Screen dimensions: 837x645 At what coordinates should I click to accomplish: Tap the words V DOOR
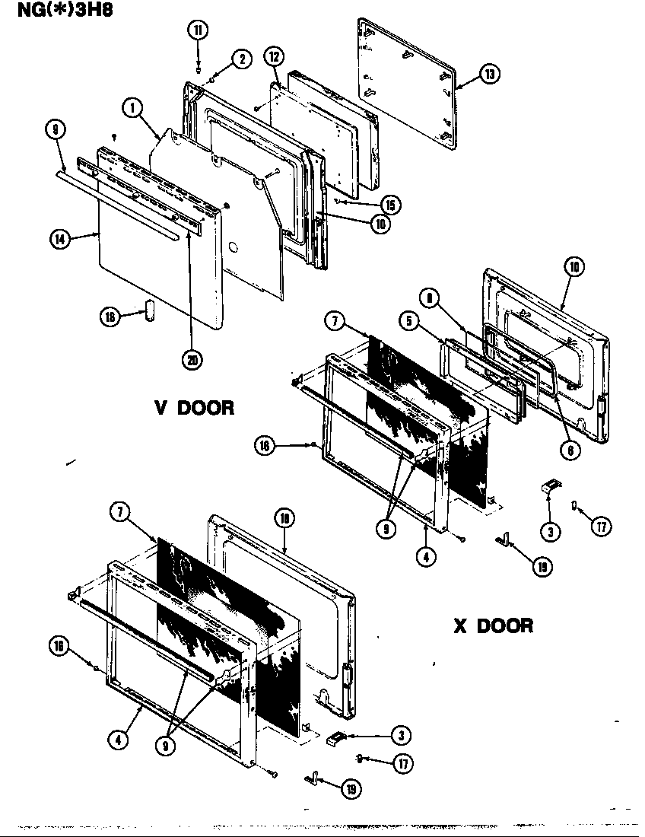[195, 408]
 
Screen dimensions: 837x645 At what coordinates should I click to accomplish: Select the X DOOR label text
[493, 625]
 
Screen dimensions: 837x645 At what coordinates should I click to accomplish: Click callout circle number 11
[197, 30]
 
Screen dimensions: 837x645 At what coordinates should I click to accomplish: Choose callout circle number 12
[275, 56]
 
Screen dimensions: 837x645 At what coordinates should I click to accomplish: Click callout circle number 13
[488, 75]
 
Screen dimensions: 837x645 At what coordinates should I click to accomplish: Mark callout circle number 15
[391, 205]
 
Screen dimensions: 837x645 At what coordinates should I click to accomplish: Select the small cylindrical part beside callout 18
[150, 310]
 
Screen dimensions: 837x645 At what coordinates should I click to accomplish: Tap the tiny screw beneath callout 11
[198, 68]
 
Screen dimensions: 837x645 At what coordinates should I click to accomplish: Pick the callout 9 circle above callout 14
[54, 131]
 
